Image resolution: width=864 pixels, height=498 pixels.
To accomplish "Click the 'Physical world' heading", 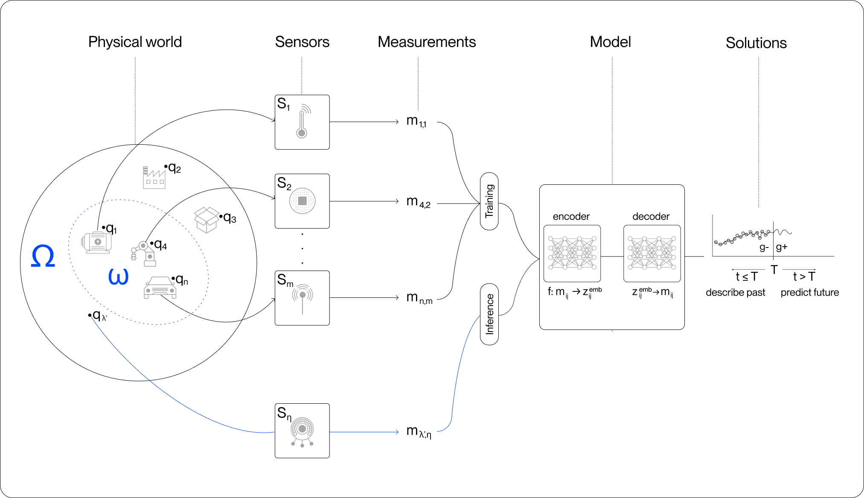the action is [135, 42].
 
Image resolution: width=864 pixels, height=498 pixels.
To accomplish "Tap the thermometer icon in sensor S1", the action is [303, 121].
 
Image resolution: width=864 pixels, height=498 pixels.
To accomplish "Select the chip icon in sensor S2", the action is [302, 201].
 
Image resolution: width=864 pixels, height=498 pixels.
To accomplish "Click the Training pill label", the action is [489, 201].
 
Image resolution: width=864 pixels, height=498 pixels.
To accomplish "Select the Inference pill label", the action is [489, 314].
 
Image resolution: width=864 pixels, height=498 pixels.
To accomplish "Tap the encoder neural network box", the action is [572, 253].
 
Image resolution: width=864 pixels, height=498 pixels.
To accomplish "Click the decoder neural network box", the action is [652, 253].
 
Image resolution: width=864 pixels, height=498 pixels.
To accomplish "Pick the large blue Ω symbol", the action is [43, 256].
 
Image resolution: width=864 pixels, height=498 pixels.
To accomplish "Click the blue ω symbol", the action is [118, 277].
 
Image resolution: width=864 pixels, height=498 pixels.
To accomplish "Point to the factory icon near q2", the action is [154, 177].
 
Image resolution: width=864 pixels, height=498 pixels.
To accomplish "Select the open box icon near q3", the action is [207, 220].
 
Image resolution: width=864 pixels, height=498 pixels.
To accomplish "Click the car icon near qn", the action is [160, 288].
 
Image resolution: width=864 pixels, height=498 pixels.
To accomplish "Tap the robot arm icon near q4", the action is [143, 253].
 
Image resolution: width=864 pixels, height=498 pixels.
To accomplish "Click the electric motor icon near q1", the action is [97, 242].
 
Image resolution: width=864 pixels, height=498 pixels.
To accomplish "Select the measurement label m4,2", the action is [418, 201].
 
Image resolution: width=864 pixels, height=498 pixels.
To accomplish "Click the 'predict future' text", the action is [810, 292].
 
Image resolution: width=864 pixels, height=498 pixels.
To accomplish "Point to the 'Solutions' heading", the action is [756, 43].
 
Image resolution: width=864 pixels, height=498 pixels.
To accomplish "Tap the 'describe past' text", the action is [736, 292].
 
